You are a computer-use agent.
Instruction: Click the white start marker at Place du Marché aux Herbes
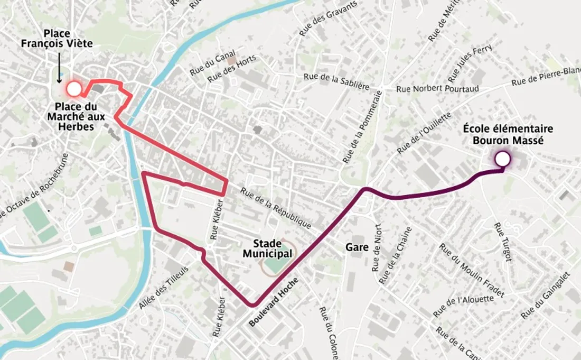74,89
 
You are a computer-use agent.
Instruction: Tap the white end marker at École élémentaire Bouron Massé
502,159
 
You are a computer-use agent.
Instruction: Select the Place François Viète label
57,39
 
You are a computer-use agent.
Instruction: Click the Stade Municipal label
267,248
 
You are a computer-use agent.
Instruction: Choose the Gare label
357,247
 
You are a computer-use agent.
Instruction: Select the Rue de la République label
276,208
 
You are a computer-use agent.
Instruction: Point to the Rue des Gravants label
328,19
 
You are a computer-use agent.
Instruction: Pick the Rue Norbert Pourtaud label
437,89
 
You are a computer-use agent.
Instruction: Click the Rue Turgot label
503,242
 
